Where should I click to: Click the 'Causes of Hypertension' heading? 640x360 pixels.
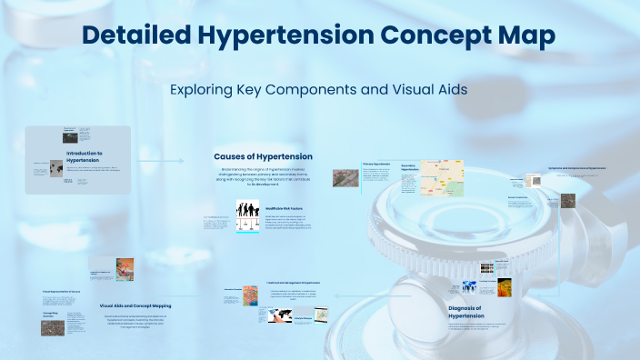[263, 156]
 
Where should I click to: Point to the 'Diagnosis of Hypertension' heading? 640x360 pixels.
[472, 312]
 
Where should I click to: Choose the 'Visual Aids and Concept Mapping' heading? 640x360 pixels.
[135, 306]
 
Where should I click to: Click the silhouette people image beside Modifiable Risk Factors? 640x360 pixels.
[248, 217]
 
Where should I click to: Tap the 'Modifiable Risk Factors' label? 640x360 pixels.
[285, 208]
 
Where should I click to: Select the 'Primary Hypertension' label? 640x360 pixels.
[381, 165]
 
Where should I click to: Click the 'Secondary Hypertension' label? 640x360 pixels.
[411, 167]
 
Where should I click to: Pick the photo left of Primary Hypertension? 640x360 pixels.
[345, 177]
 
